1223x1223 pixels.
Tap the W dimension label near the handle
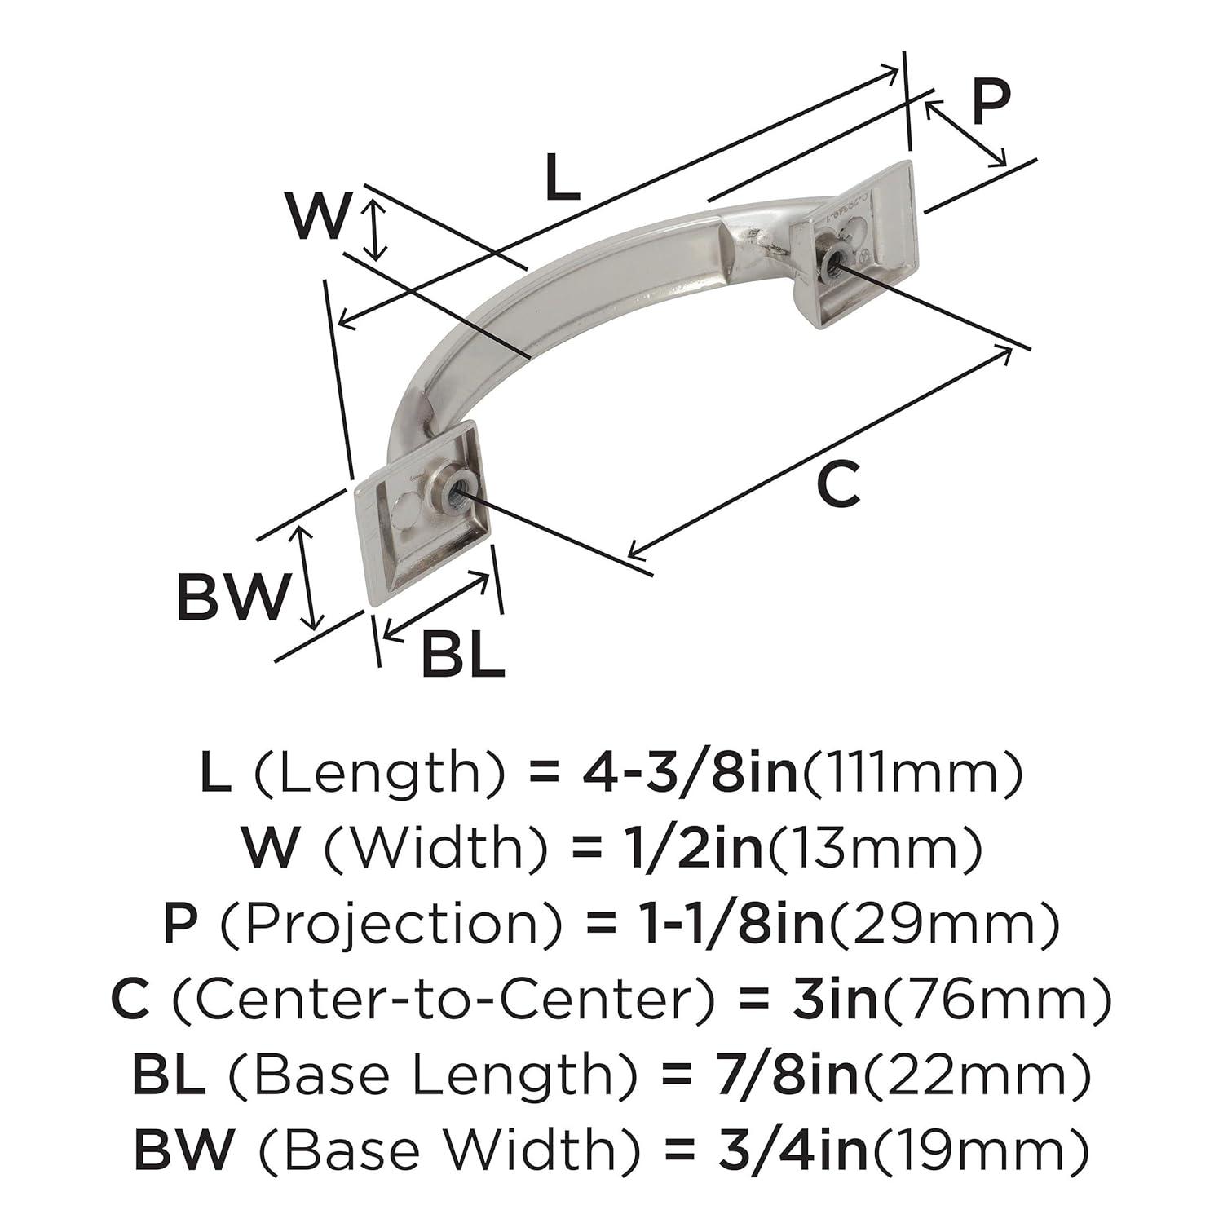pos(318,216)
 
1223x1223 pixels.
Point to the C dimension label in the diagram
pos(837,484)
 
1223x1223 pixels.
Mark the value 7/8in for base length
pos(779,1075)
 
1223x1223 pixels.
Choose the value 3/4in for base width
pos(779,1150)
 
